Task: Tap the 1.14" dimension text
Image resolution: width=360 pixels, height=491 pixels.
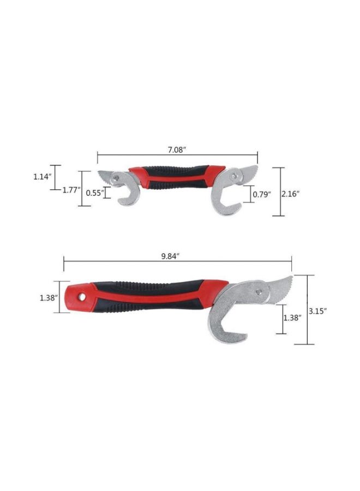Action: (x=41, y=177)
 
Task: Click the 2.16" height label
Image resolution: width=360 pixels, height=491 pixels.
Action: (x=291, y=193)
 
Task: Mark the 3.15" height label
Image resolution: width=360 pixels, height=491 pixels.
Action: (x=317, y=311)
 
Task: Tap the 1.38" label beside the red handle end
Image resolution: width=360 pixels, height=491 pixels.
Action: (x=49, y=298)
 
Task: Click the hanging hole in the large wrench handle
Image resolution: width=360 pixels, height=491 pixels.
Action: (x=82, y=296)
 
